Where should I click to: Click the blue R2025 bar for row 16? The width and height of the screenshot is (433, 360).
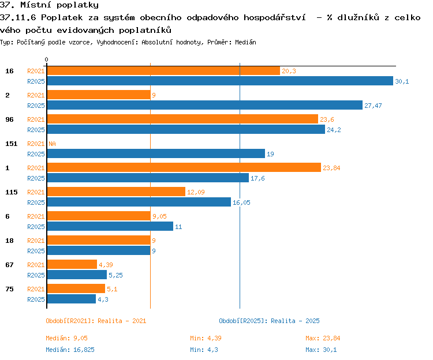220,81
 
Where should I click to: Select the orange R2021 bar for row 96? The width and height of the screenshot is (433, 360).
182,119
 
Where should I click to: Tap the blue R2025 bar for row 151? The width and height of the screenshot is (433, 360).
156,153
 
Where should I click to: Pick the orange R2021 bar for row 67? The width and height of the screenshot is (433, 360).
72,264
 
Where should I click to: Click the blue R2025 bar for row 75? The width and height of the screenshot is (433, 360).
72,299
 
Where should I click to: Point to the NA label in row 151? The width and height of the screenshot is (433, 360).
52,144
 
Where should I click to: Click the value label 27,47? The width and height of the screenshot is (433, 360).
373,106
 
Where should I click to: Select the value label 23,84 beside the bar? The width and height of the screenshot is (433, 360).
331,168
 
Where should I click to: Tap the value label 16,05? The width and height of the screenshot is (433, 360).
241,202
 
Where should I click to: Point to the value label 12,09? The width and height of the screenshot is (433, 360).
196,192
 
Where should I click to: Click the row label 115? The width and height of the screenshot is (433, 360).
12,192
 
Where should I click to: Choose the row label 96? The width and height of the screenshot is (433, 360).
9,119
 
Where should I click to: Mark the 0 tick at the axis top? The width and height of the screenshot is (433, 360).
46,59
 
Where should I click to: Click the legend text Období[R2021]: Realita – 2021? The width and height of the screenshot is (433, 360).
96,321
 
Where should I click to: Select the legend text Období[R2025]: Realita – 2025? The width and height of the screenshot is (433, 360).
269,321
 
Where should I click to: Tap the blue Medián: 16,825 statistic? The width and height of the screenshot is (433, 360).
70,350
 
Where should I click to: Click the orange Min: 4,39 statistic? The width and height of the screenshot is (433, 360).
206,338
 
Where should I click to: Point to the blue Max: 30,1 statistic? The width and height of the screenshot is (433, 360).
321,350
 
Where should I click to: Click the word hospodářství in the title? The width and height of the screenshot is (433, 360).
274,18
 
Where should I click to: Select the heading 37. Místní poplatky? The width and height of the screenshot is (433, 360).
49,5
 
